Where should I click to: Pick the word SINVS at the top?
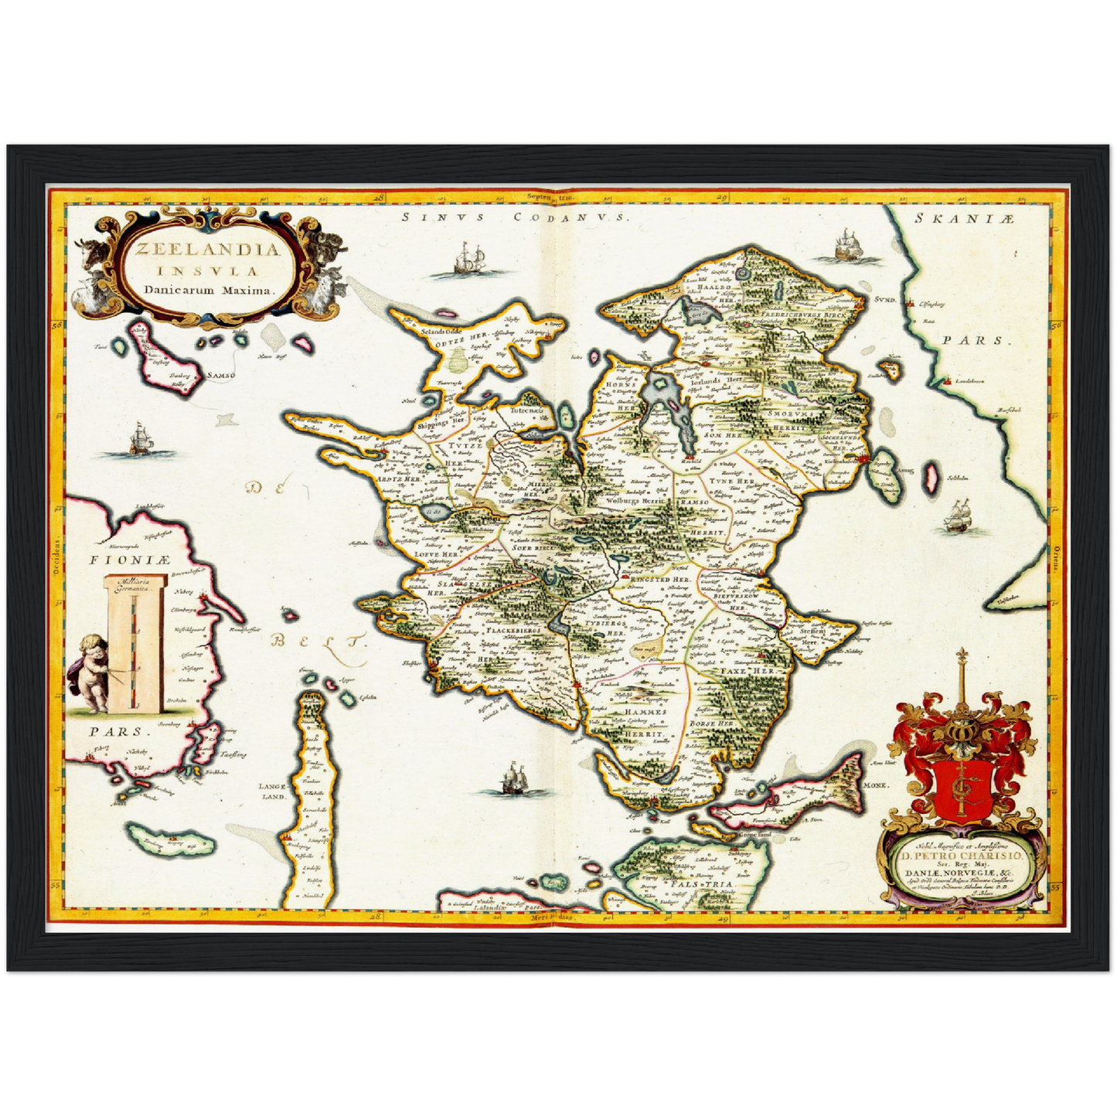[444, 218]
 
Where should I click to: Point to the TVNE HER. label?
[730, 481]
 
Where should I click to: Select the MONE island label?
[877, 784]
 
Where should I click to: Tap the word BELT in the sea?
[318, 640]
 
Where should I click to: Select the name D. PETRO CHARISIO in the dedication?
[961, 856]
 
